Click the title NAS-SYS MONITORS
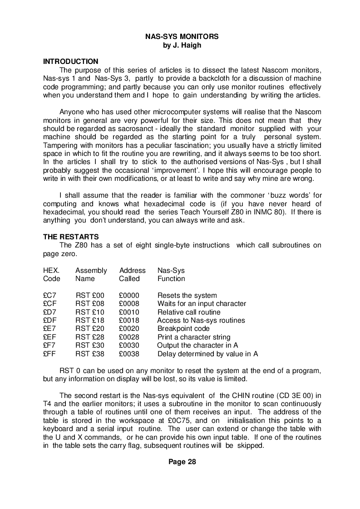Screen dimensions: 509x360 point(182,36)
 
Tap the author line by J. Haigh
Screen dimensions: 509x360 point(182,45)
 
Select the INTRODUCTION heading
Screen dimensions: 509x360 point(70,61)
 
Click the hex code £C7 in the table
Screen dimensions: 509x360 point(49,296)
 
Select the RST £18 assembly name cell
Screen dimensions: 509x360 point(90,320)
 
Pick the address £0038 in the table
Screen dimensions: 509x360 point(129,354)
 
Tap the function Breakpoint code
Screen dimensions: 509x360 point(183,329)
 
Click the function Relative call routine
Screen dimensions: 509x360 point(189,312)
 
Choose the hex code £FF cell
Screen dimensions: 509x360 point(49,354)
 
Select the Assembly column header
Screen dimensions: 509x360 point(91,270)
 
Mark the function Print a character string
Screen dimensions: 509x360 point(194,337)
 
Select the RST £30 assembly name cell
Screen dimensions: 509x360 point(90,345)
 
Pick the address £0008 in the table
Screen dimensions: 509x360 point(129,304)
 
